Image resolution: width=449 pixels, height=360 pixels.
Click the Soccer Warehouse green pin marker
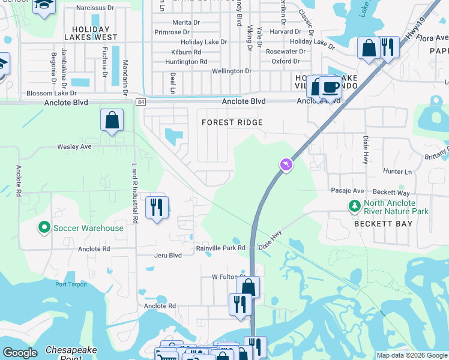tap(43, 228)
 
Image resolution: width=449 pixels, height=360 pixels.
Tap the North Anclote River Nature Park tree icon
tap(354, 206)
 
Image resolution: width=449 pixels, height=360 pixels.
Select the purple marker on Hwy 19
tap(286, 164)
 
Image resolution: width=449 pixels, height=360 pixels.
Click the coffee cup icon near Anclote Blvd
tap(330, 87)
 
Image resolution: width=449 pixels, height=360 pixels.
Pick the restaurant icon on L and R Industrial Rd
tap(157, 208)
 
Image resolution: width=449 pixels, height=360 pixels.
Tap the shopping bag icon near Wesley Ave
tap(112, 120)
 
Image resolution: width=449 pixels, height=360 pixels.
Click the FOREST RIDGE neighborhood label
tap(232, 122)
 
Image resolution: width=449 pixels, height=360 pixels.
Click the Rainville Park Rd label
tap(221, 248)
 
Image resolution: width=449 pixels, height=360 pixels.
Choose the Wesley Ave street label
tap(74, 146)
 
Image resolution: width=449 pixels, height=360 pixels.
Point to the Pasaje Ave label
tap(348, 191)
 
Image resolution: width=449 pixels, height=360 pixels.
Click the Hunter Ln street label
tap(397, 172)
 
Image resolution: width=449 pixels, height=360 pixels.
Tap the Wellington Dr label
tap(232, 71)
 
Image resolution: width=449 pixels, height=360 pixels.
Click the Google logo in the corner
tap(20, 353)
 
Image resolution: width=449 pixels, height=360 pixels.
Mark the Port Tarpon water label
tap(71, 284)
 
